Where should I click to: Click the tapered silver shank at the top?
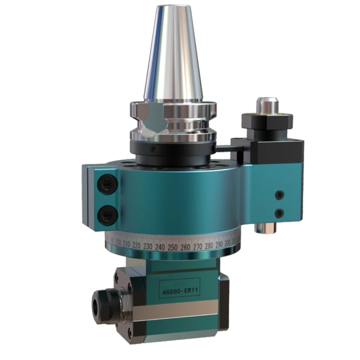click(x=172, y=54)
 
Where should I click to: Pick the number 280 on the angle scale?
click(x=208, y=246)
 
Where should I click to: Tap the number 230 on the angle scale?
click(x=147, y=247)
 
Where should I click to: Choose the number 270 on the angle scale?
click(x=196, y=247)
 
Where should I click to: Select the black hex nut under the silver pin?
click(x=267, y=121)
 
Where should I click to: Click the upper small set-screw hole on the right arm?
click(x=280, y=195)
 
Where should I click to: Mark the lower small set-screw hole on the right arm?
click(x=279, y=213)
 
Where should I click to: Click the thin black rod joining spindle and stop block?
click(x=224, y=147)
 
